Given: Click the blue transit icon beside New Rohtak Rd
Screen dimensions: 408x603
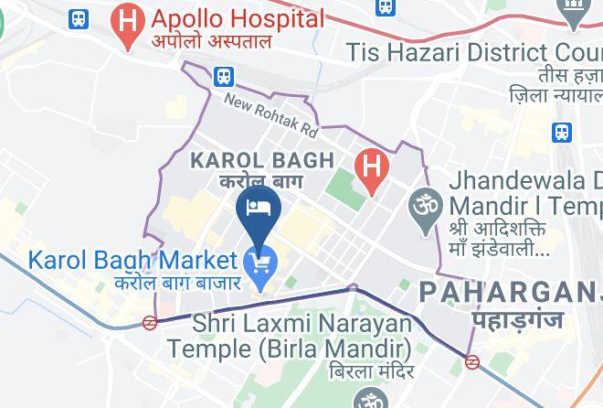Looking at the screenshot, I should click(x=223, y=75).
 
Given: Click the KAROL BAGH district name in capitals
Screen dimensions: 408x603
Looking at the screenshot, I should click(x=261, y=161).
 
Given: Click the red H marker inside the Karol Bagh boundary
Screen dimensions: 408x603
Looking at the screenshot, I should click(x=371, y=166).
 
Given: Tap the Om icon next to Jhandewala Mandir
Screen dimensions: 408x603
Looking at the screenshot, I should click(x=423, y=200).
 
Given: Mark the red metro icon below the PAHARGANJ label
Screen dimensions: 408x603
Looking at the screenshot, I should click(x=472, y=361).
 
